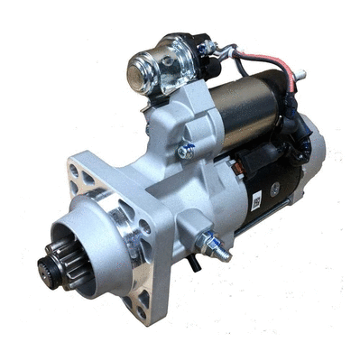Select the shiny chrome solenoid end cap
point(144,66)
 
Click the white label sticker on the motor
point(257,200)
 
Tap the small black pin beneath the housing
point(192,264)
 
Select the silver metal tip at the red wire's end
point(299,75)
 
